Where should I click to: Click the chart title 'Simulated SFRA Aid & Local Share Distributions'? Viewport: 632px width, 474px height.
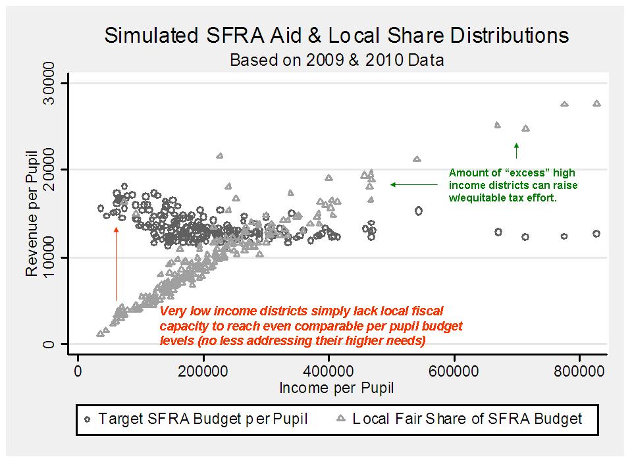coord(336,36)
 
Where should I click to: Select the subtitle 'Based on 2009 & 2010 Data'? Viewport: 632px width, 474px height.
coord(336,60)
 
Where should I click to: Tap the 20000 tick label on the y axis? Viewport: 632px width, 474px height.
coord(47,170)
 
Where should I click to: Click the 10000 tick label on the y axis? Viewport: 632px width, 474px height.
coord(47,257)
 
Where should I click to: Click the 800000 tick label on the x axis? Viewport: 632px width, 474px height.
coord(579,371)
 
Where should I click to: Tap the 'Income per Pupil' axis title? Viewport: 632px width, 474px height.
coord(336,388)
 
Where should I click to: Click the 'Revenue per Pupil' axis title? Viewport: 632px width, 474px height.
coord(30,215)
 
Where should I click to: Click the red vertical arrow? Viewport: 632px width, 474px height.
coord(116,263)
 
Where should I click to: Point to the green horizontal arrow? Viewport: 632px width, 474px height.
coord(414,184)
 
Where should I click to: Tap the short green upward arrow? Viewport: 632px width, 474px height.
coord(517,150)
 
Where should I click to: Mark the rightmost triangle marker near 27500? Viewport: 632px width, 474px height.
coord(596,103)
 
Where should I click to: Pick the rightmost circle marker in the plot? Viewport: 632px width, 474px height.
coord(596,234)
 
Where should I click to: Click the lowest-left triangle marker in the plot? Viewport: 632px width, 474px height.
coord(99,334)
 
